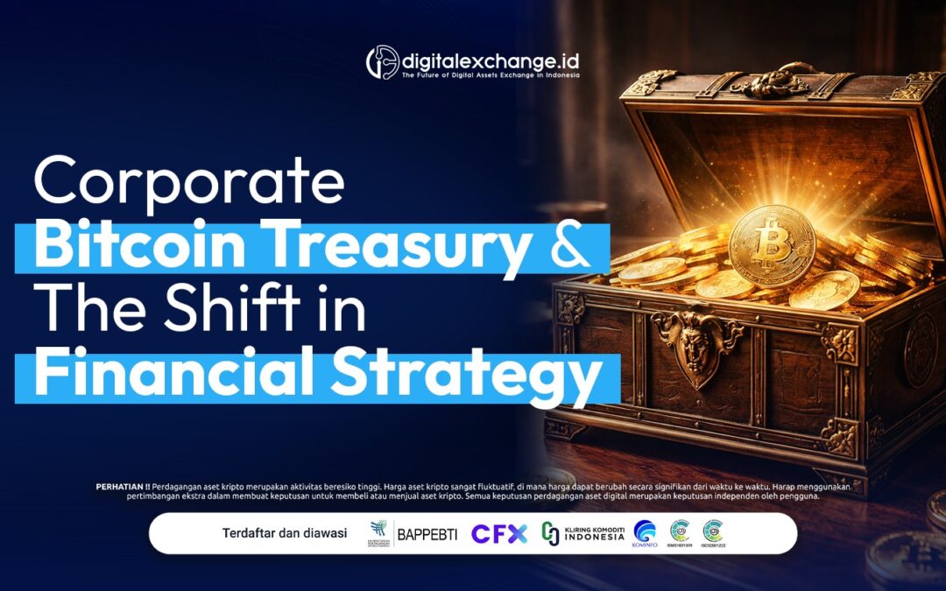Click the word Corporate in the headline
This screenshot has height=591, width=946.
tap(188, 182)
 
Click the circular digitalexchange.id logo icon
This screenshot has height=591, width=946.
tap(382, 62)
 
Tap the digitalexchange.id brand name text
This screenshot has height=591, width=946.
tap(491, 60)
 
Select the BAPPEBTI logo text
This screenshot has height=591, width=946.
tap(427, 533)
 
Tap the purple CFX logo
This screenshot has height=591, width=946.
tap(499, 533)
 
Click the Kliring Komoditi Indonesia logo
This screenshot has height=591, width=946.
tap(582, 533)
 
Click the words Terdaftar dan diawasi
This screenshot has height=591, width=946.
tap(285, 533)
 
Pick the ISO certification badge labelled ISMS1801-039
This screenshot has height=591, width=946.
tap(680, 532)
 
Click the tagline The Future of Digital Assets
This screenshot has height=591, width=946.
tap(490, 76)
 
